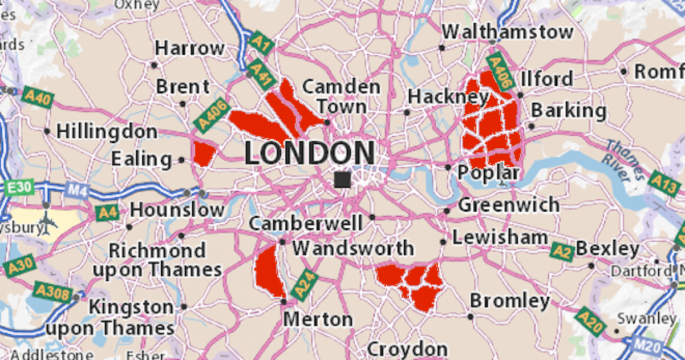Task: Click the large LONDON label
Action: click(310, 153)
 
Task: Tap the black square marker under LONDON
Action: click(342, 180)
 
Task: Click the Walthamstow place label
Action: click(508, 32)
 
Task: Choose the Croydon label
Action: click(407, 349)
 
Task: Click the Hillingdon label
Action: click(107, 131)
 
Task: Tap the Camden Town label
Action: click(341, 96)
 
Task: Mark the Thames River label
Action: click(627, 160)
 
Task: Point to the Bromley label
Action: click(509, 301)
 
